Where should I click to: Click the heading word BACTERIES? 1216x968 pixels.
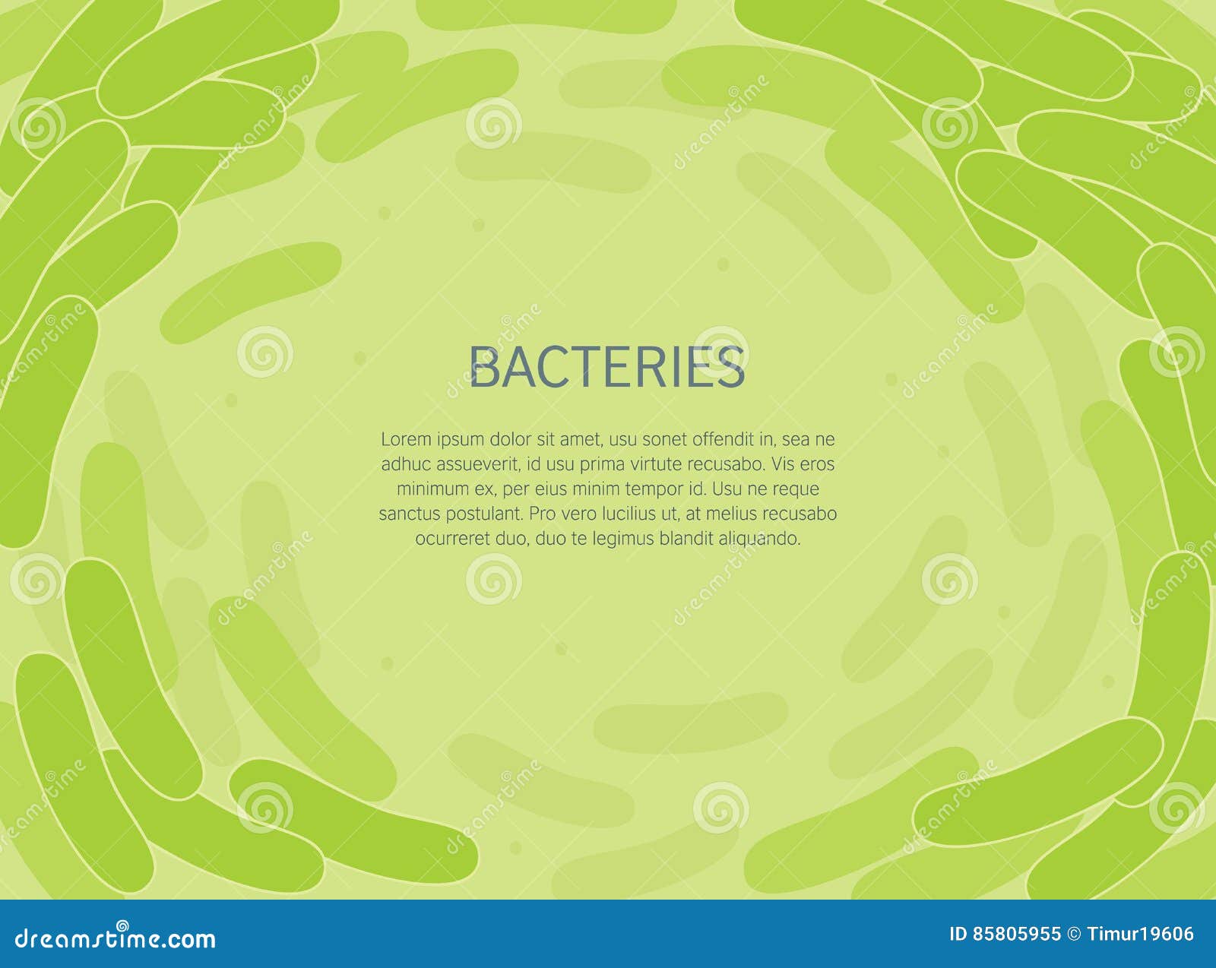coord(607,367)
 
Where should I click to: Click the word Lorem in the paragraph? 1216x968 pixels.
coord(406,439)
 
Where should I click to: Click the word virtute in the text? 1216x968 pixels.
coord(653,464)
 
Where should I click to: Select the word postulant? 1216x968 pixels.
coord(484,514)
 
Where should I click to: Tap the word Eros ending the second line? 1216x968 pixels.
coord(817,464)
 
